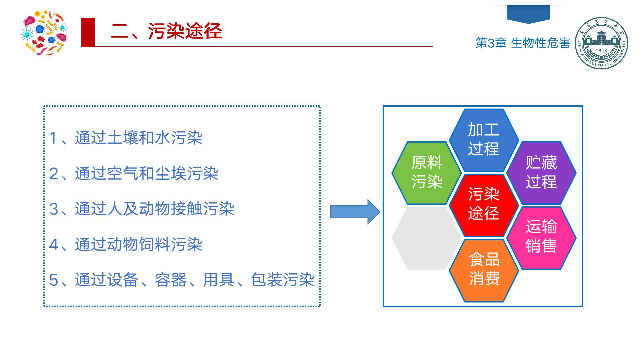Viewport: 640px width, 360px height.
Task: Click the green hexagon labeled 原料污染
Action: coord(426,173)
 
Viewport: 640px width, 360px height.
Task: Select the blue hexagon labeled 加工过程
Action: coord(483,140)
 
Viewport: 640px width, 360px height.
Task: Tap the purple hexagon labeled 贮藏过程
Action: coord(541,173)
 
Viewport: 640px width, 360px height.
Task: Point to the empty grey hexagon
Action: coord(426,238)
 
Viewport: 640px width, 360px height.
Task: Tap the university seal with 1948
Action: coord(601,43)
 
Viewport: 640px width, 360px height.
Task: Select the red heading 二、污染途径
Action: coord(166,32)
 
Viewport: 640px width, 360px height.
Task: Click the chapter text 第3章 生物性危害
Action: coord(522,43)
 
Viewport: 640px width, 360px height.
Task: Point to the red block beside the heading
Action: coord(88,32)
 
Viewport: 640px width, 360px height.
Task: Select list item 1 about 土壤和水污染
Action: coord(126,138)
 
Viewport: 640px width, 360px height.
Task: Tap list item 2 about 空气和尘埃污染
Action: coord(133,174)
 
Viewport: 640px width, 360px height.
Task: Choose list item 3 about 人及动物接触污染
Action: coord(142,209)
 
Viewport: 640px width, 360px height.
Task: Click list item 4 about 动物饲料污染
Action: coord(126,245)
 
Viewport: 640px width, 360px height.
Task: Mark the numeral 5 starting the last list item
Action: coord(53,280)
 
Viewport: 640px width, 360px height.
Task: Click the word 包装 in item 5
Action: coord(266,280)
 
